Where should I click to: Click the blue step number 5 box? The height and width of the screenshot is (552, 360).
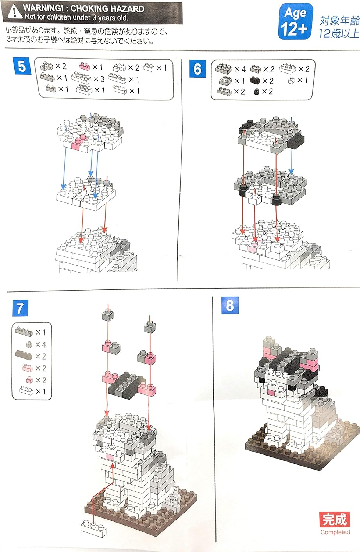(x=22, y=66)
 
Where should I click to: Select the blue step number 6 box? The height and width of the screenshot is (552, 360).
(x=197, y=69)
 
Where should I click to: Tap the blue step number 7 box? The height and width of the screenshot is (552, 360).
(x=20, y=308)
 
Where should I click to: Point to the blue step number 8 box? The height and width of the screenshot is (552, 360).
(x=230, y=305)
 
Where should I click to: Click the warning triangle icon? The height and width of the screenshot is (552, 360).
(x=14, y=12)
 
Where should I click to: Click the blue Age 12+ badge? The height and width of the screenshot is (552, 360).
(x=295, y=21)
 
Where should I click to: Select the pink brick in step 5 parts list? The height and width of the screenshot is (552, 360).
(x=85, y=66)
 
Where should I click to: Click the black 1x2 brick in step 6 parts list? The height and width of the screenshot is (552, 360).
(x=256, y=80)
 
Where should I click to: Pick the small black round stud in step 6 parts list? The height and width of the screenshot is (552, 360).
(x=257, y=91)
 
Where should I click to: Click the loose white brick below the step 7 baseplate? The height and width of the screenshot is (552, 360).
(x=93, y=528)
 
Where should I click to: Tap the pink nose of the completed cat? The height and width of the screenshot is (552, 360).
(x=270, y=393)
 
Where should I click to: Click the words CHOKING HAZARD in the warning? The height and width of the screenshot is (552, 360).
(x=107, y=8)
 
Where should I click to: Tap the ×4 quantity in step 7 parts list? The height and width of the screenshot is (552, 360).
(x=40, y=344)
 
